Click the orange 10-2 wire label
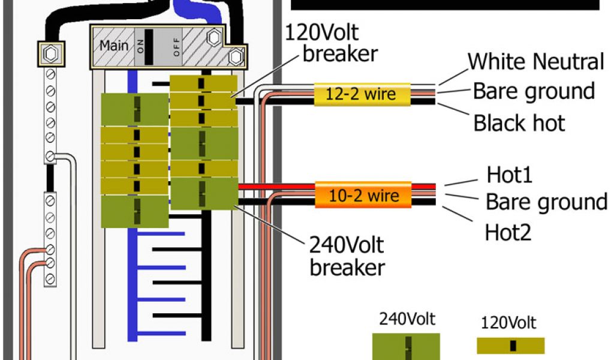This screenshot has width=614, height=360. [363, 196]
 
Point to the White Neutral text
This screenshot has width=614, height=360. [535, 62]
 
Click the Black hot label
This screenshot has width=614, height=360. [519, 123]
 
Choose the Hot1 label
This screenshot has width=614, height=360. [509, 175]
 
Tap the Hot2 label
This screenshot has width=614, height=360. [508, 231]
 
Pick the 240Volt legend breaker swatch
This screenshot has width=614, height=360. [406, 347]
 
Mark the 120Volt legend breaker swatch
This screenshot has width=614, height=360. [511, 346]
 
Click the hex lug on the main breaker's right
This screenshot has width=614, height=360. [236, 58]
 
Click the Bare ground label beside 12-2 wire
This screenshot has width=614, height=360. [533, 91]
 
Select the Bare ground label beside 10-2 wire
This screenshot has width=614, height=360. [546, 202]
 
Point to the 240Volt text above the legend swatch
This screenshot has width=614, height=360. [407, 318]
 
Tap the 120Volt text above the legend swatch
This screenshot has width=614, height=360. [508, 323]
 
